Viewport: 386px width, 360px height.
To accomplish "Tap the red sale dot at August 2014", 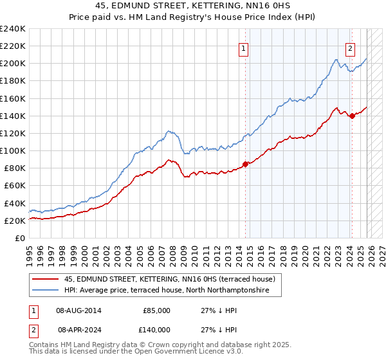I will click(245, 163).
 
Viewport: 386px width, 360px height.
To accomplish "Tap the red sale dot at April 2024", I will click(353, 116).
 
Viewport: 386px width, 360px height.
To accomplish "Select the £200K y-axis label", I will click(13, 64).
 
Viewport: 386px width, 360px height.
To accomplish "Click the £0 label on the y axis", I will click(20, 238).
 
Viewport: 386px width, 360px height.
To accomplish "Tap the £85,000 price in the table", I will click(156, 310).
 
